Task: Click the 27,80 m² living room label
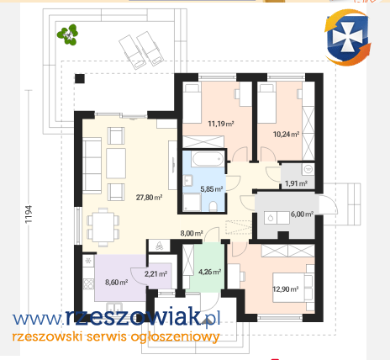coord(149,198)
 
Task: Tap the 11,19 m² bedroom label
coord(221,124)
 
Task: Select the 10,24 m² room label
coord(286,135)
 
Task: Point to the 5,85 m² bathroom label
coord(212,189)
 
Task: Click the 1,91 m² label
coord(296,183)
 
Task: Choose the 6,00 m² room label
coord(302,214)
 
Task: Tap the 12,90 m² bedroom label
coord(286,289)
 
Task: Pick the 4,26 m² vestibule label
coord(209,272)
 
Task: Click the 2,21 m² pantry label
coord(155,273)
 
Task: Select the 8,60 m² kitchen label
coord(117,282)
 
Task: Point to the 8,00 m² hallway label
coord(192,233)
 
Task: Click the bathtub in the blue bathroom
coord(208,159)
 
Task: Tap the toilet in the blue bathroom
coord(213,206)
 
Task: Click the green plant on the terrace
coord(67,34)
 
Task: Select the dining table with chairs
coord(103,227)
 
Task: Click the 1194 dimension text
coord(29,214)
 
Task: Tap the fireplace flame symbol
coord(159,246)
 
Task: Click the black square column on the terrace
coord(80,79)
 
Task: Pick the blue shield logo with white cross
coord(347,37)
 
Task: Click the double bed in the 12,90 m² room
coord(293,288)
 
